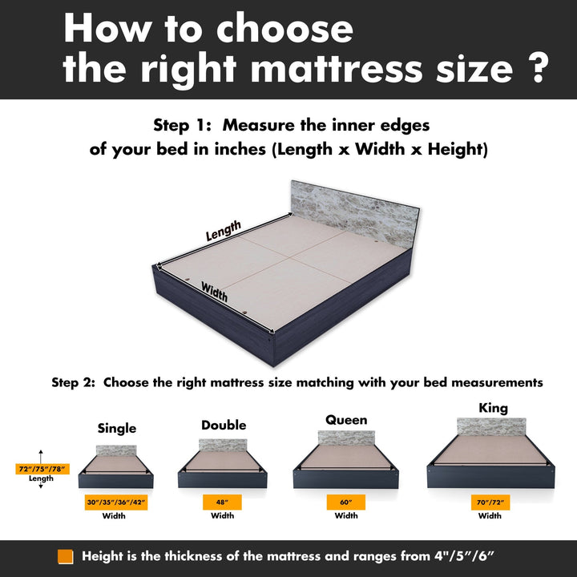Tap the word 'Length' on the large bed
224,230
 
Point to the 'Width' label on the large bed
214,291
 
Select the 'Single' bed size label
117,428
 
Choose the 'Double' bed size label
224,425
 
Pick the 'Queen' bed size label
346,420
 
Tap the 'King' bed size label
493,408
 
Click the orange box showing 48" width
222,502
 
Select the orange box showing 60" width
346,502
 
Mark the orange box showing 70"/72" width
490,502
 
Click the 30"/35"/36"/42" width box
116,502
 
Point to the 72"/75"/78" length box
42,469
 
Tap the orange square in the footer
65,557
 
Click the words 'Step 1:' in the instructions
182,126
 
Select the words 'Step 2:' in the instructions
73,383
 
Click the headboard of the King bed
491,427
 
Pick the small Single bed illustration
116,466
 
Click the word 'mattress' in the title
337,68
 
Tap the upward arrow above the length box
41,456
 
